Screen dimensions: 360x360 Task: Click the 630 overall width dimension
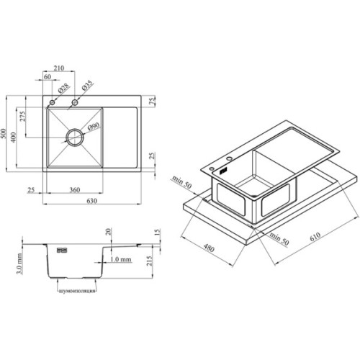(x=91, y=201)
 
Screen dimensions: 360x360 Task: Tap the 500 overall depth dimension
(x=3, y=134)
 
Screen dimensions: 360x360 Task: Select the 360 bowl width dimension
(x=75, y=190)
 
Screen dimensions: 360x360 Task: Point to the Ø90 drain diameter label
(x=94, y=127)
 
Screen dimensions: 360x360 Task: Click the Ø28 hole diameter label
(x=63, y=88)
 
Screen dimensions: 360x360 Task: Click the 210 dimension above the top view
(x=58, y=68)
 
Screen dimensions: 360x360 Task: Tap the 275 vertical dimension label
(x=22, y=117)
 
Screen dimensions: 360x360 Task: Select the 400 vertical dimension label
(x=14, y=138)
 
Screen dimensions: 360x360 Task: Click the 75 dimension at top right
(x=153, y=100)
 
